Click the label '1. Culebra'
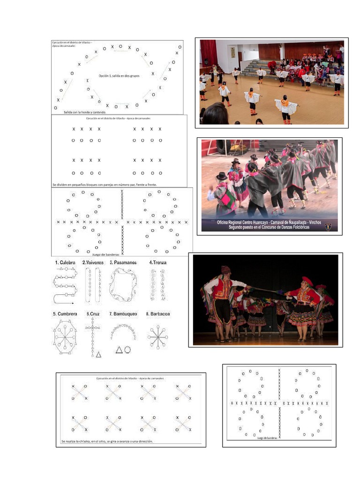[x=65, y=263]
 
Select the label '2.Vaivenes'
[x=93, y=263]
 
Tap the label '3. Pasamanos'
[x=123, y=263]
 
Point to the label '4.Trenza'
[x=157, y=263]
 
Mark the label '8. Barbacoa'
[x=157, y=314]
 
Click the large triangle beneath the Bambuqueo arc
[x=119, y=350]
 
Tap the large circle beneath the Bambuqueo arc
[x=127, y=349]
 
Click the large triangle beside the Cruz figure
[x=98, y=354]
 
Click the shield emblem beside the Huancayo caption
[x=328, y=226]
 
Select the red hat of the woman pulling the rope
[x=307, y=280]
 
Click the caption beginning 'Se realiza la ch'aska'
[x=107, y=441]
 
